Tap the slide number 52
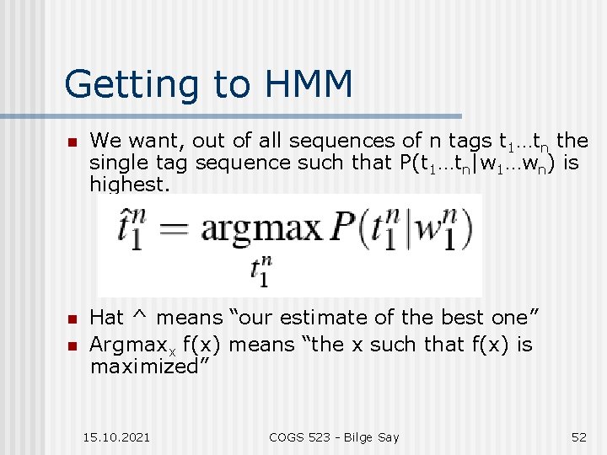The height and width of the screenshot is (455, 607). pos(578,436)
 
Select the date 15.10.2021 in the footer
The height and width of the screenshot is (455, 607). pos(117,436)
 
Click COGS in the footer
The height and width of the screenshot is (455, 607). pos(287,436)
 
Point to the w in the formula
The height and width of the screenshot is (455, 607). pos(428,230)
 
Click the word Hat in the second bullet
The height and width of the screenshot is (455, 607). pos(106,318)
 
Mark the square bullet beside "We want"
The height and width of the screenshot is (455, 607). pos(73,142)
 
